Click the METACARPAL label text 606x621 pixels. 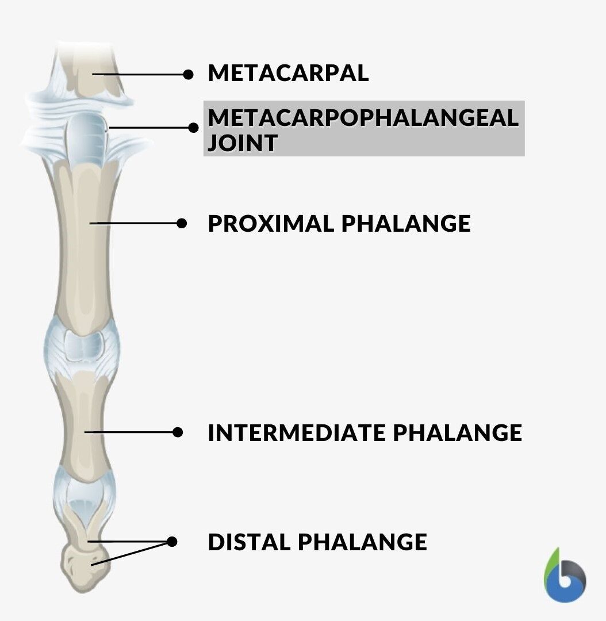[289, 73]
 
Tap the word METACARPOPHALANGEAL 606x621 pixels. [363, 118]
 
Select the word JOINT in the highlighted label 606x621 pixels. [243, 143]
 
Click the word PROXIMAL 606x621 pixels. [271, 224]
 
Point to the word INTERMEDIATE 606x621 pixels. [297, 432]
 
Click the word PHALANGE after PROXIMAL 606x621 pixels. [406, 224]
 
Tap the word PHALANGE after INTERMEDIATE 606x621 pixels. [458, 432]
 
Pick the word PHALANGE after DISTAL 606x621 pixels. [362, 542]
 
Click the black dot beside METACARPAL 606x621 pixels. [189, 74]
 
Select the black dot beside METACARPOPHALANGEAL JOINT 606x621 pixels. [193, 128]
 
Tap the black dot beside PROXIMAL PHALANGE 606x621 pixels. [182, 223]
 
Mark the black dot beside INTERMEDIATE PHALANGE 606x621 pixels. [178, 432]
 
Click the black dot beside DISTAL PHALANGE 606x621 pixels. [172, 542]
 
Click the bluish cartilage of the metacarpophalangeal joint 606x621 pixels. [86, 137]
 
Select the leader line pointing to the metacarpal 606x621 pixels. [140, 74]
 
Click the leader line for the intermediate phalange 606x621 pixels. [131, 432]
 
